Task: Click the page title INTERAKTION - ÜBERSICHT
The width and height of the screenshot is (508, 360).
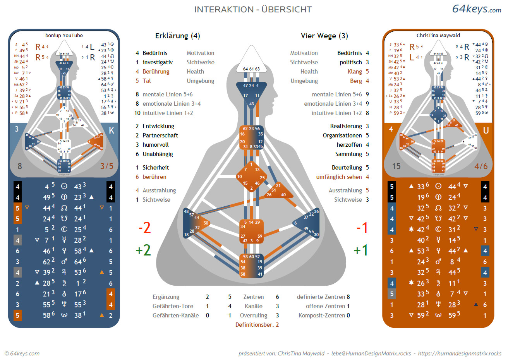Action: tap(253, 9)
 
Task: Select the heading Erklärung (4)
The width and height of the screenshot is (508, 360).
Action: tap(177, 36)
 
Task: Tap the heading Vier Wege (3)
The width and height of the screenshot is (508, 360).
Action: tap(324, 36)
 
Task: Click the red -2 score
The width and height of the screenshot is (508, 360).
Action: tap(144, 228)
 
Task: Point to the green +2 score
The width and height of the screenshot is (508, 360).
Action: tap(143, 250)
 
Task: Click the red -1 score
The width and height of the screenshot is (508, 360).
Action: tap(362, 228)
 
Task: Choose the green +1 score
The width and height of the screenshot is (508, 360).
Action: tap(360, 250)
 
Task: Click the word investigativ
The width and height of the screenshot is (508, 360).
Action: tap(158, 62)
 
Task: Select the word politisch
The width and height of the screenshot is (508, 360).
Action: tap(350, 62)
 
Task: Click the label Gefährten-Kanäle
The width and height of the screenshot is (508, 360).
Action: tap(175, 315)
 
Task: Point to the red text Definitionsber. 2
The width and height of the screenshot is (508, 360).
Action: tap(257, 325)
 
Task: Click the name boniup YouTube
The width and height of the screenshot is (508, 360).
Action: tap(64, 36)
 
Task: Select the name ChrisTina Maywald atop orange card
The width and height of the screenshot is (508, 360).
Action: tap(438, 36)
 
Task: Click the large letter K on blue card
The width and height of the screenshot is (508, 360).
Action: tap(112, 130)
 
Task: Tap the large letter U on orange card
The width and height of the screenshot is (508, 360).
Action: tap(486, 130)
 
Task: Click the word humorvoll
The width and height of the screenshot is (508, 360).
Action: tap(156, 145)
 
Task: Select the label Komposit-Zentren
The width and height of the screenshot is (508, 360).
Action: tap(321, 315)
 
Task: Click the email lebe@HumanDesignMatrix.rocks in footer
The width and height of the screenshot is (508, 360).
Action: tap(371, 353)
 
